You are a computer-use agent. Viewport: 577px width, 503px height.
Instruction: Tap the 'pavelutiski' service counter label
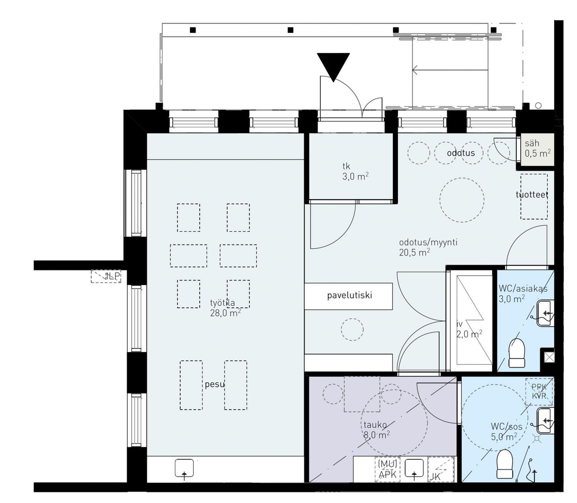pyautogui.click(x=349, y=295)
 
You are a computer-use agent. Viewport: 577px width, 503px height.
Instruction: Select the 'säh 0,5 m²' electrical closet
pyautogui.click(x=537, y=149)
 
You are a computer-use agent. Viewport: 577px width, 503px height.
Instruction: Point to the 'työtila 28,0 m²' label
pyautogui.click(x=225, y=308)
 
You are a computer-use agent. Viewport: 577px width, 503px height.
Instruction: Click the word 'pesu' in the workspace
pyautogui.click(x=215, y=384)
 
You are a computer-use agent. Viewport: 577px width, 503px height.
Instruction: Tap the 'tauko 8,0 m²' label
pyautogui.click(x=377, y=430)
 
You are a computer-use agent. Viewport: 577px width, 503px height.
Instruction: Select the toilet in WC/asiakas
pyautogui.click(x=517, y=353)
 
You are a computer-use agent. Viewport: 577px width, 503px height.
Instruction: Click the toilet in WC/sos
pyautogui.click(x=505, y=464)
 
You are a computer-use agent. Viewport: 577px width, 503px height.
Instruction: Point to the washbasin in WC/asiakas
pyautogui.click(x=545, y=313)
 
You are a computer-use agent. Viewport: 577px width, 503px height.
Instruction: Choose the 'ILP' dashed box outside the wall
pyautogui.click(x=106, y=276)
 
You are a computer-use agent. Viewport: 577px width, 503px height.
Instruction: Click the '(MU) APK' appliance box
pyautogui.click(x=388, y=470)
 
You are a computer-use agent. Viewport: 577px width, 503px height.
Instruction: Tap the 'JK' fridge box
pyautogui.click(x=440, y=470)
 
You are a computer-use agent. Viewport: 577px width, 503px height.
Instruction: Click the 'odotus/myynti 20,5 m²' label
pyautogui.click(x=428, y=247)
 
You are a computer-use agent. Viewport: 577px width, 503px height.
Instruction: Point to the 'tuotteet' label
pyautogui.click(x=532, y=195)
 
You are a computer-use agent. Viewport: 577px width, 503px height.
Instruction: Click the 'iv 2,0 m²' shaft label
pyautogui.click(x=469, y=329)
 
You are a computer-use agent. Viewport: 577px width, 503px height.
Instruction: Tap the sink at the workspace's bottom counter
pyautogui.click(x=184, y=468)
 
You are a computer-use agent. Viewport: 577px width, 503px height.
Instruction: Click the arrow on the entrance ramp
pyautogui.click(x=450, y=69)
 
